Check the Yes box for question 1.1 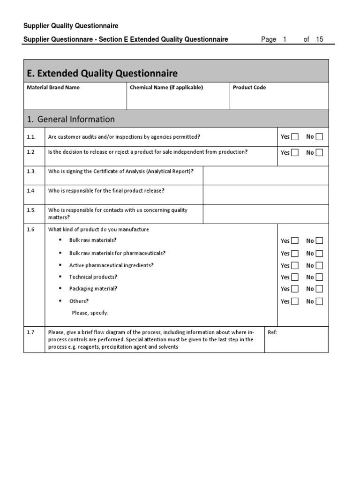click(x=294, y=137)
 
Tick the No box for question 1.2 click(x=319, y=152)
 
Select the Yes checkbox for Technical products click(x=294, y=277)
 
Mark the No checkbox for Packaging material click(x=319, y=289)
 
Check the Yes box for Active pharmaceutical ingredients click(x=294, y=265)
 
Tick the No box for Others click(x=319, y=301)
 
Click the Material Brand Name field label click(x=53, y=88)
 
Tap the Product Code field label click(x=249, y=88)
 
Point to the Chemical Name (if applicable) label click(x=166, y=88)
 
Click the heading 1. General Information click(x=71, y=120)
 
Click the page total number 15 click(x=320, y=39)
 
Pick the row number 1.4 click(x=31, y=191)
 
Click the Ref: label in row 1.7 click(x=272, y=332)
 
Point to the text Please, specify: click(x=90, y=313)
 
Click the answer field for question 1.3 click(x=265, y=175)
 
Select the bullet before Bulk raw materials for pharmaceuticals click(x=60, y=253)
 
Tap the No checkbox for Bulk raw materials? click(x=319, y=241)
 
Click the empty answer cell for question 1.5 click(x=265, y=214)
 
